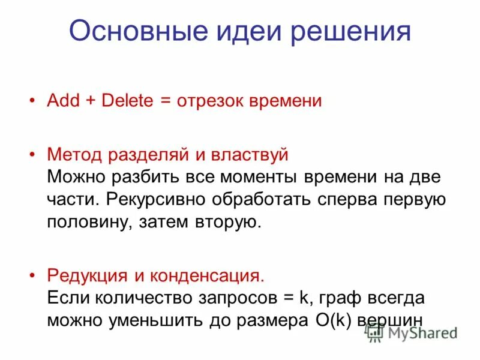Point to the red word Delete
tap(128, 100)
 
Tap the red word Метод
tap(74, 154)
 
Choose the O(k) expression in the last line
tap(328, 320)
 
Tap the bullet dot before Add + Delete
tap(33, 100)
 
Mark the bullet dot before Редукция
tap(33, 275)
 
